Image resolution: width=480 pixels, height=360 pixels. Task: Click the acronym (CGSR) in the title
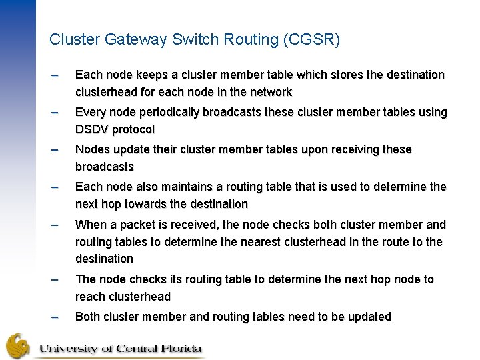coord(311,40)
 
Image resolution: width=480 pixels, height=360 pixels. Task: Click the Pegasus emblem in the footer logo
coord(18,345)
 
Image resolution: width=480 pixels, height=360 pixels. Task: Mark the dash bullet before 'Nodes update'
coord(55,150)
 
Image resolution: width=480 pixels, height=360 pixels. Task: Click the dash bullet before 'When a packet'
coord(55,225)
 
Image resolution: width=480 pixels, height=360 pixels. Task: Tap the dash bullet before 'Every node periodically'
coord(55,113)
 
